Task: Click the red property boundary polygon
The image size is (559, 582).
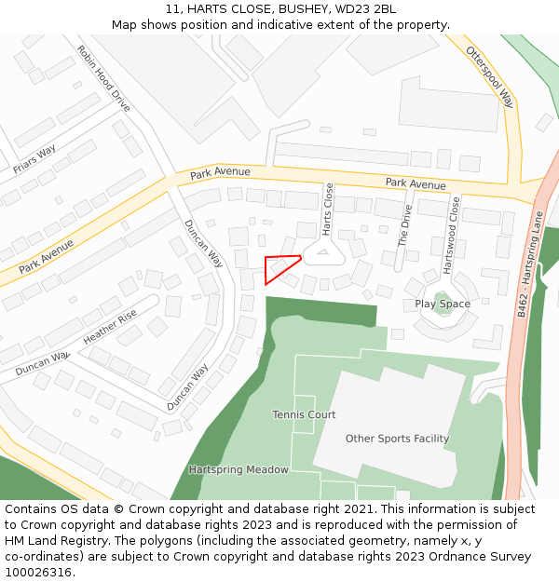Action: coord(279,265)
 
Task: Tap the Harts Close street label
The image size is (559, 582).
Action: coord(328,209)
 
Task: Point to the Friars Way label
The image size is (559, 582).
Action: coord(34,159)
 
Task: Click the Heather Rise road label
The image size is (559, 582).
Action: coord(110,327)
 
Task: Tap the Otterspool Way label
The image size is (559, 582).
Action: coord(489,76)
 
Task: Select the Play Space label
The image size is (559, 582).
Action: coord(443,305)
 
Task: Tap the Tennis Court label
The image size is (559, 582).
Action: coord(304,414)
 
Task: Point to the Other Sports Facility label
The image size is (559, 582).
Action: coord(397,439)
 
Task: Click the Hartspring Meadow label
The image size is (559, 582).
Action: coord(239,470)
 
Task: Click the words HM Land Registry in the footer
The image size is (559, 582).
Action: coord(53,541)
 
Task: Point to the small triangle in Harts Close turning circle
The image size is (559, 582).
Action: coord(323,250)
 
